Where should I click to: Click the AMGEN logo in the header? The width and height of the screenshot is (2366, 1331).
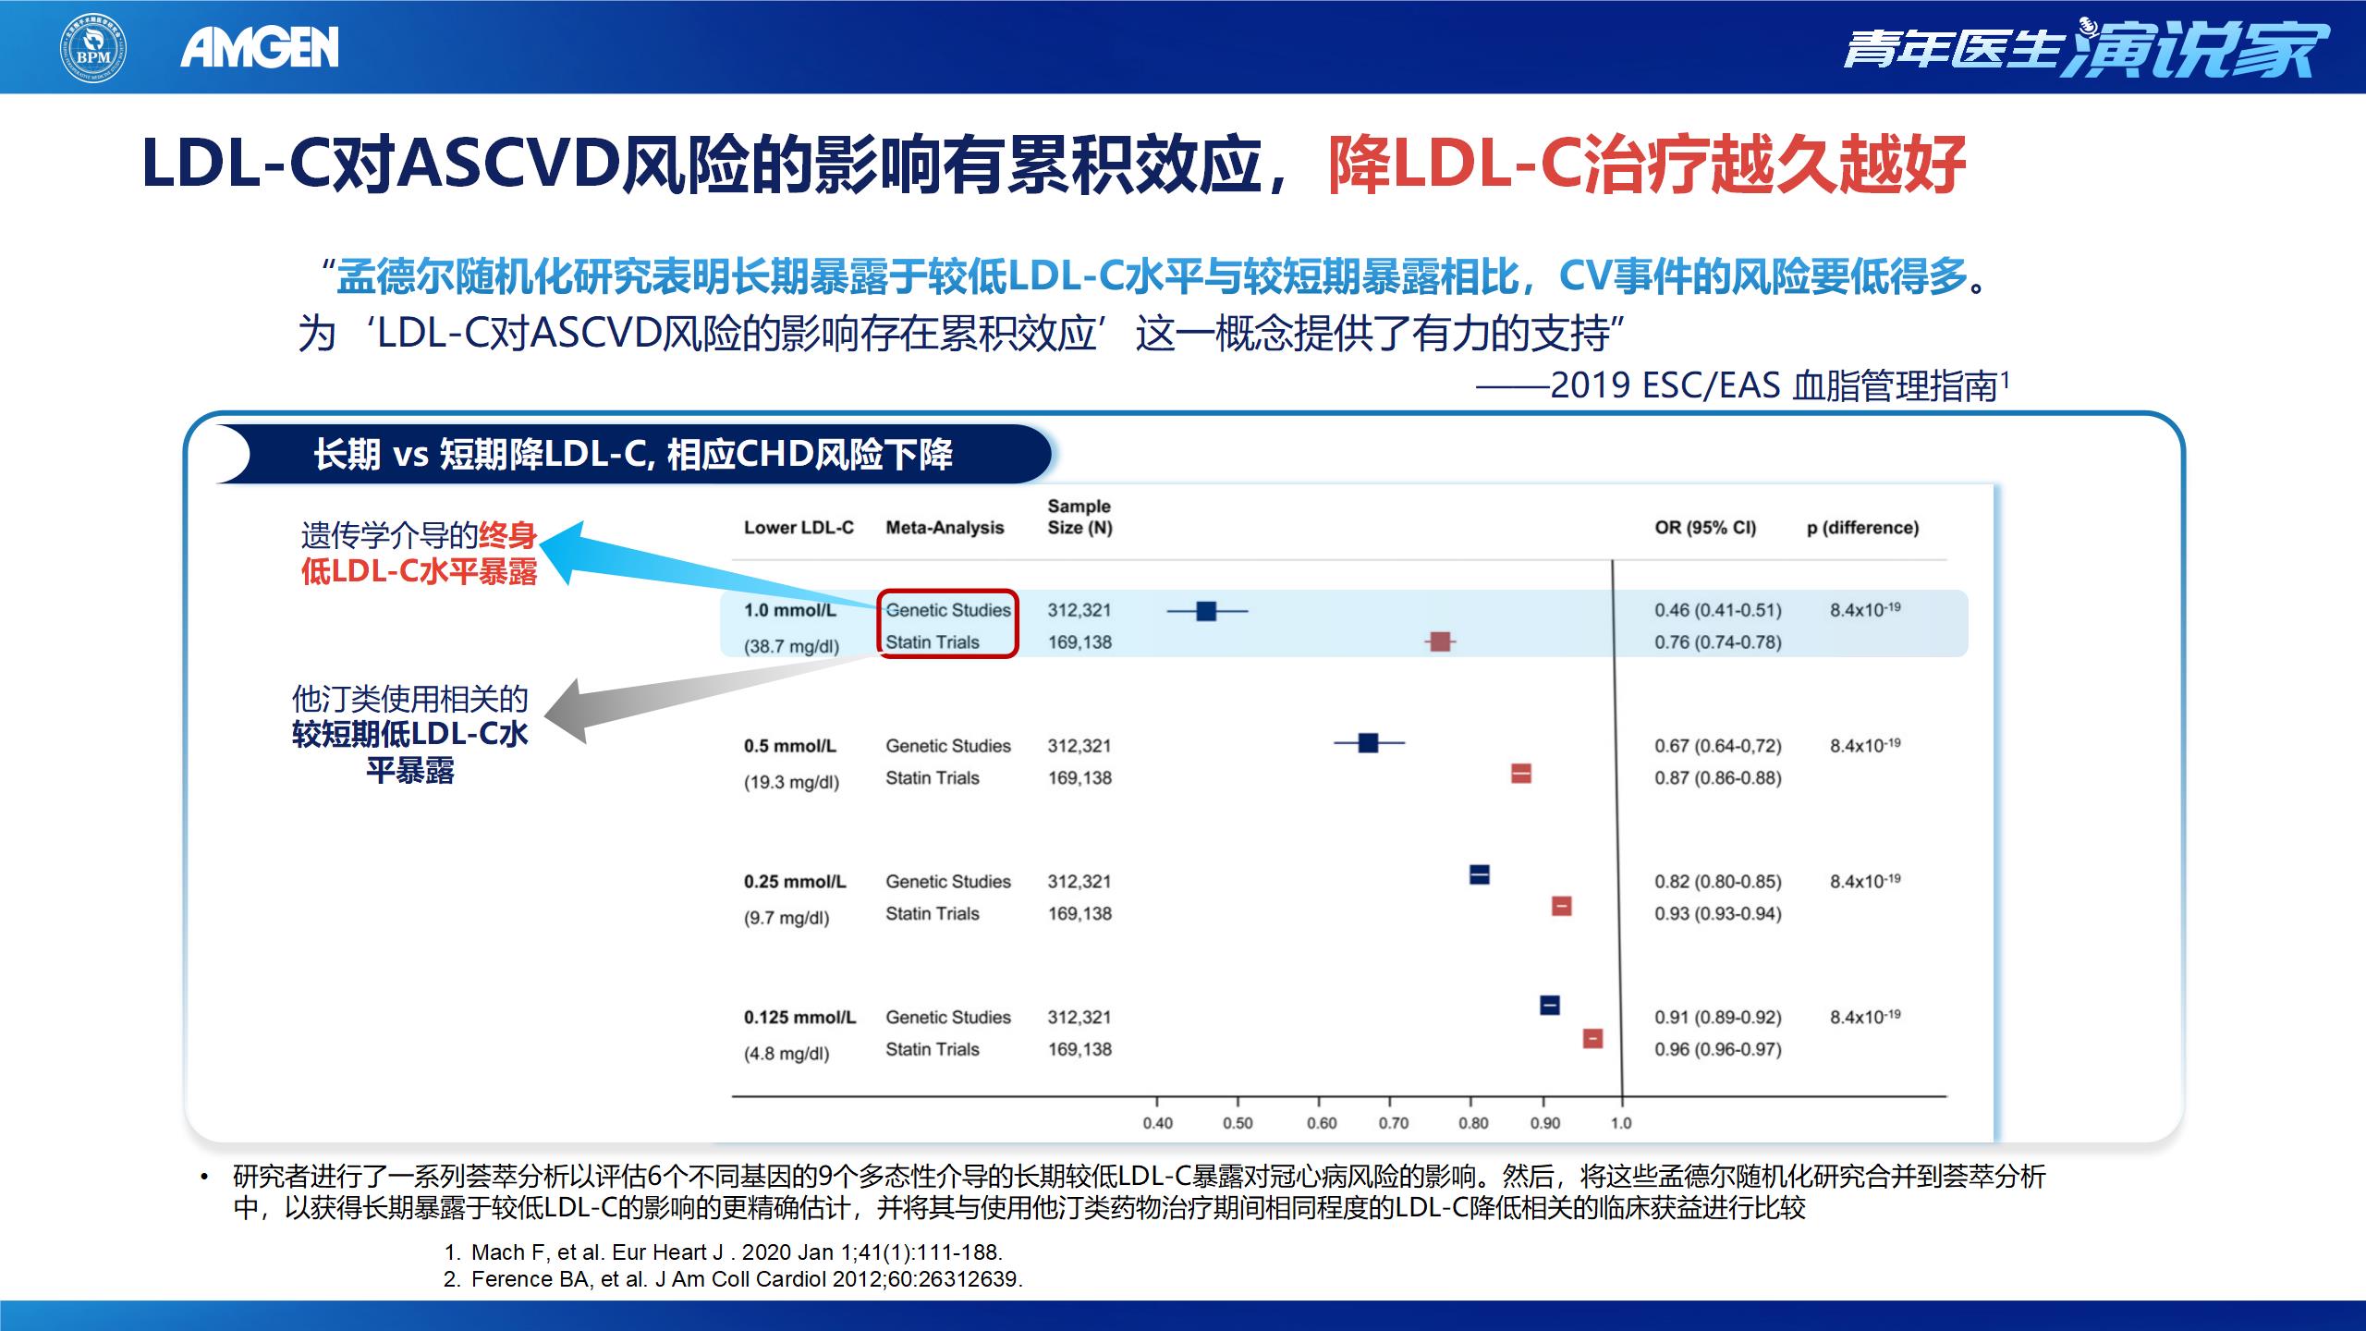point(260,47)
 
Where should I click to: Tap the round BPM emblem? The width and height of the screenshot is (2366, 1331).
point(93,47)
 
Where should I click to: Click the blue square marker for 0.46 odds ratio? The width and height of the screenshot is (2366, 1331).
point(1206,611)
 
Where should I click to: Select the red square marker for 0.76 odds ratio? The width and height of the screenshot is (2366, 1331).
point(1440,641)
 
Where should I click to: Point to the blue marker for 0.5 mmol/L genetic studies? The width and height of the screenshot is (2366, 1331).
point(1369,742)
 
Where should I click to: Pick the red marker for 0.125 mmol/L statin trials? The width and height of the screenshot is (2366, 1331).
point(1592,1038)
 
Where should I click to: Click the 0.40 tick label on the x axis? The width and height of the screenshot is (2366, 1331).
point(1157,1123)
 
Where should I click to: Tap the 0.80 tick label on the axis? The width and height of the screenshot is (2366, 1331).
point(1473,1123)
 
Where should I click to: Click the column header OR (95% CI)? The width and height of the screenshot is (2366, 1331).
point(1705,528)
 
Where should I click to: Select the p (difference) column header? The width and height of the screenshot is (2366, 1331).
point(1862,528)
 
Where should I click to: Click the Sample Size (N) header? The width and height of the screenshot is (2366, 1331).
point(1079,517)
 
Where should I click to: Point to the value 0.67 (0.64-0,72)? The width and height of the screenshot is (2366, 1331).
point(1718,746)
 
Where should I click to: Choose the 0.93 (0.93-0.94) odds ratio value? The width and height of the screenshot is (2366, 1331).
point(1718,913)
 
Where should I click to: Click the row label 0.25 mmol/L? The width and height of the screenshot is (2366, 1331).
point(795,882)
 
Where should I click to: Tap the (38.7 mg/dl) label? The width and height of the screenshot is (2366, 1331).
point(791,646)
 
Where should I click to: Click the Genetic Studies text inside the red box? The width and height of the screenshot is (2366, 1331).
point(948,610)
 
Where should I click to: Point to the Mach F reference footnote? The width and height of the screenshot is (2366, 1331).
point(723,1252)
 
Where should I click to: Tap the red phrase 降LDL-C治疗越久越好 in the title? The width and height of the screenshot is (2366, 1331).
point(1646,165)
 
